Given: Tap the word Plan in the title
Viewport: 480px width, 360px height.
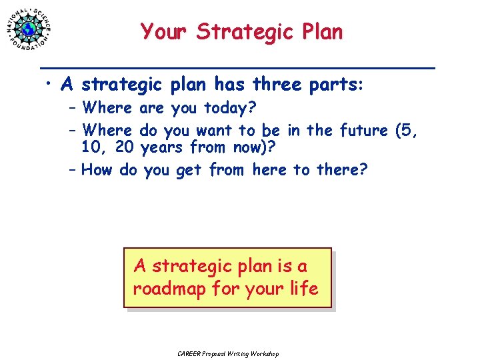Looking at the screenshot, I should point(321,31).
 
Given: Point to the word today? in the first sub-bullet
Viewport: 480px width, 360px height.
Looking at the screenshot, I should point(233,107).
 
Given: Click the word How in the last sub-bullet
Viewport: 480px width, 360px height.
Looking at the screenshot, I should point(97,170).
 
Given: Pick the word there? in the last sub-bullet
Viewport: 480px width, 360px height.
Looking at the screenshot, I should point(342,170).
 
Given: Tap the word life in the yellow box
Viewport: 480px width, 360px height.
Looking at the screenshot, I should point(305,289).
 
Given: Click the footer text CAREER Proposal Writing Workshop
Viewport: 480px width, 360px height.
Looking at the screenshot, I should point(228,353).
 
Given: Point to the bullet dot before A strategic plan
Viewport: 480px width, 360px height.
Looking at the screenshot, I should point(49,85).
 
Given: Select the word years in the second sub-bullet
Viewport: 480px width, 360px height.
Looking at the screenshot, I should point(163,146).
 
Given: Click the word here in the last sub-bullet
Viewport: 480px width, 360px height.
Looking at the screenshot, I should point(270,170).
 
